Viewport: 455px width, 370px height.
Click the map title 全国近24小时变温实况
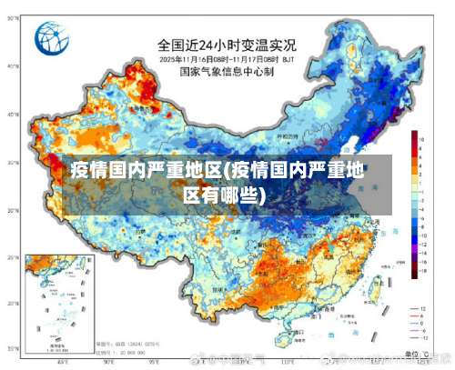tap(227, 42)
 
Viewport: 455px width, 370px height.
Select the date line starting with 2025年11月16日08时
tap(227, 57)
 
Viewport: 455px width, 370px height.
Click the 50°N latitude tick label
tap(13, 66)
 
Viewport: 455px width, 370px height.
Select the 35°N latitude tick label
tap(13, 163)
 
